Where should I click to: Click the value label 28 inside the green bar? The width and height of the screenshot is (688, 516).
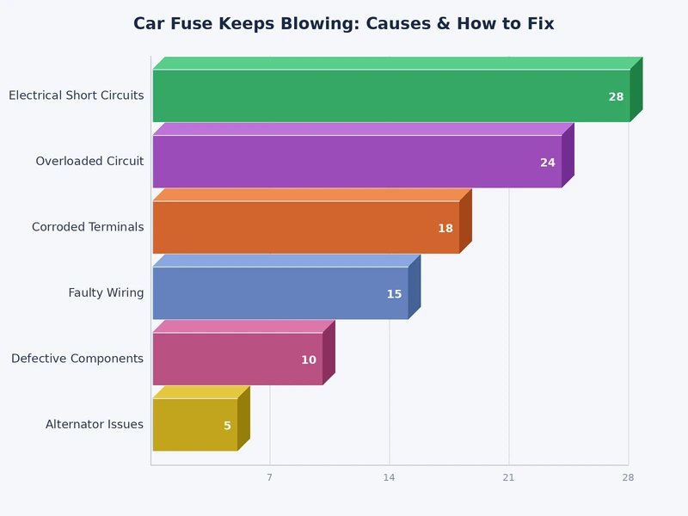616,97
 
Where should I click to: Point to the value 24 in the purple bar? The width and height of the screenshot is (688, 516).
547,163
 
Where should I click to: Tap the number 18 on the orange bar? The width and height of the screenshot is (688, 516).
445,229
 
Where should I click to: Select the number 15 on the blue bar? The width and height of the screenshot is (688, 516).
394,294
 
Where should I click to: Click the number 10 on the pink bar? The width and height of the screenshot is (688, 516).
308,360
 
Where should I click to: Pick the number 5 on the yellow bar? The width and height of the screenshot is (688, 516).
227,426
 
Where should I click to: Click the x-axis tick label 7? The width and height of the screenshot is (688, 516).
269,477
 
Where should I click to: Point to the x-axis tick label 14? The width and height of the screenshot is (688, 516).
389,477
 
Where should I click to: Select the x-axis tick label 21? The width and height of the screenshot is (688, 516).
508,477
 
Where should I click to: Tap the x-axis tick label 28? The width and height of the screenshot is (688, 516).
628,477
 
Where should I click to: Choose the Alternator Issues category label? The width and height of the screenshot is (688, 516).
95,424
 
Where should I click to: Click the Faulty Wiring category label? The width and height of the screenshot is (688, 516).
106,293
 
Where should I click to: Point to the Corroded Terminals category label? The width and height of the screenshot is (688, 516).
88,227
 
